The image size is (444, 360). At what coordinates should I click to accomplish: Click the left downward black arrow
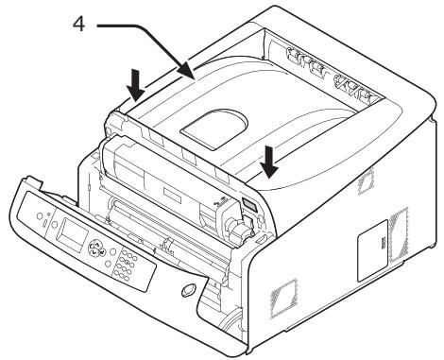136,88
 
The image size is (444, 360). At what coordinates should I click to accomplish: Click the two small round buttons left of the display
41,217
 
